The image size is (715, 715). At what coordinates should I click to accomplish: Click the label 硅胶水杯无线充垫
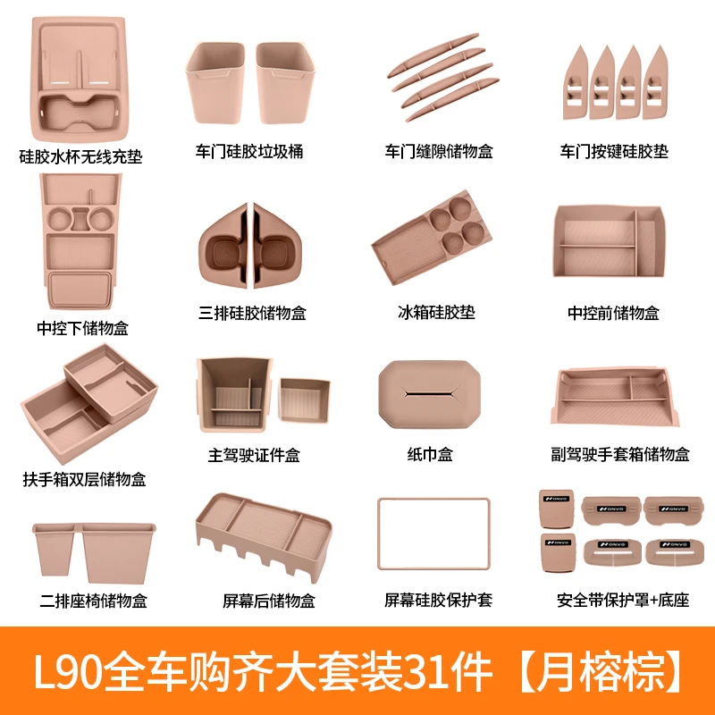click(x=81, y=157)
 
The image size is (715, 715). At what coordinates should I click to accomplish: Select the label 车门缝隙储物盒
click(x=439, y=152)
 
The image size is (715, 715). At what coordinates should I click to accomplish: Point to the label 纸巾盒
click(x=430, y=455)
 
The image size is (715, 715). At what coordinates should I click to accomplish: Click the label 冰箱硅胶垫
click(x=436, y=313)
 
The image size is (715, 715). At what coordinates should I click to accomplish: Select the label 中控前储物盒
click(x=614, y=313)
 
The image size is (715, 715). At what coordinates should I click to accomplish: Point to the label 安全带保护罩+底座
click(x=623, y=601)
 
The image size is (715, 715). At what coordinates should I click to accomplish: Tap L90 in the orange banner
click(x=78, y=670)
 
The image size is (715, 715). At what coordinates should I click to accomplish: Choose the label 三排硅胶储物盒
click(x=253, y=313)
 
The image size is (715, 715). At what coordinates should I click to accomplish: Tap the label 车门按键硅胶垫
click(x=615, y=152)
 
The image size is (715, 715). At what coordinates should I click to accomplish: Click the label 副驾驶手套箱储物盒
click(x=621, y=455)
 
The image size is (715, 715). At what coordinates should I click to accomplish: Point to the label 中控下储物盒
click(x=82, y=328)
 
